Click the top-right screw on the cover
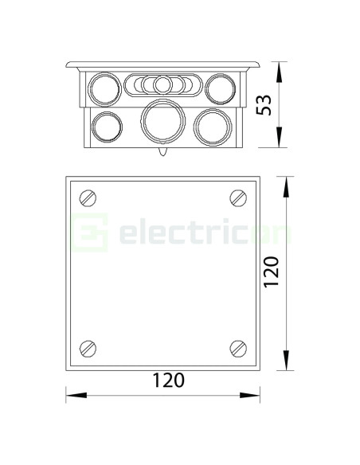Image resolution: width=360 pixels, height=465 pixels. coord(237,197)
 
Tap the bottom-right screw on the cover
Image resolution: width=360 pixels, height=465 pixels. coord(237,347)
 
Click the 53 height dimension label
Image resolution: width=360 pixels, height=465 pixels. coord(264,104)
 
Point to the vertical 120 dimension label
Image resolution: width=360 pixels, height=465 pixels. coord(272,272)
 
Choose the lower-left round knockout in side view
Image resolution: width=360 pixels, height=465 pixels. coord(107,124)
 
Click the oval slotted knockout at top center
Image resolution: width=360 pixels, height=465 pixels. coord(162,84)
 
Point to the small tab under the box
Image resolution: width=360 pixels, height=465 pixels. coord(162,150)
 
